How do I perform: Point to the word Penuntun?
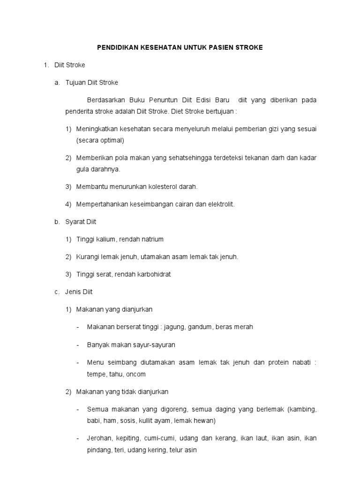point(165,100)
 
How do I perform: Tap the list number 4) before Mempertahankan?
point(68,204)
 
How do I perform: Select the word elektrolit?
point(220,204)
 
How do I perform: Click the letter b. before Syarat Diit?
point(57,222)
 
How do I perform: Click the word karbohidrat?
point(152,274)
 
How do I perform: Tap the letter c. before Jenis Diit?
point(57,292)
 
